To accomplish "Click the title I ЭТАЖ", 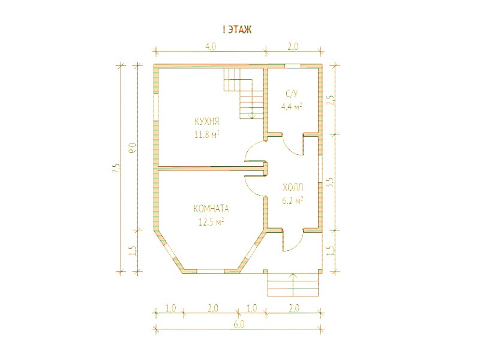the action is tap(237, 29).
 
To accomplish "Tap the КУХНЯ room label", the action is tap(207, 122).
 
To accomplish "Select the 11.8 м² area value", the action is tap(207, 134).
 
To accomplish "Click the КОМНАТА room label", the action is tap(211, 209).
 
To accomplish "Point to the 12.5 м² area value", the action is tap(211, 221).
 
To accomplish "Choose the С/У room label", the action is tap(292, 94).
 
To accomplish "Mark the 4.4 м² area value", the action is tap(292, 107).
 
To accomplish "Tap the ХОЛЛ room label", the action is tap(293, 187).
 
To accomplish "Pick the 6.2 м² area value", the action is tap(293, 200).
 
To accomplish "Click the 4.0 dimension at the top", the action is tap(211, 46).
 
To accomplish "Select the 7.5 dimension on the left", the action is tap(116, 168).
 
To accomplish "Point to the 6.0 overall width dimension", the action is tap(239, 325).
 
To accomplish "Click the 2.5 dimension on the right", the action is tap(331, 100).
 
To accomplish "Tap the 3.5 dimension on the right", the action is tap(331, 182).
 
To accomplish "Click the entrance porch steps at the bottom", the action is tap(293, 285).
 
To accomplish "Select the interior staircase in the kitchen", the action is tap(244, 94).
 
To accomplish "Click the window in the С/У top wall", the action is tap(293, 65).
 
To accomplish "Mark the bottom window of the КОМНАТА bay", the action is tap(211, 271).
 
